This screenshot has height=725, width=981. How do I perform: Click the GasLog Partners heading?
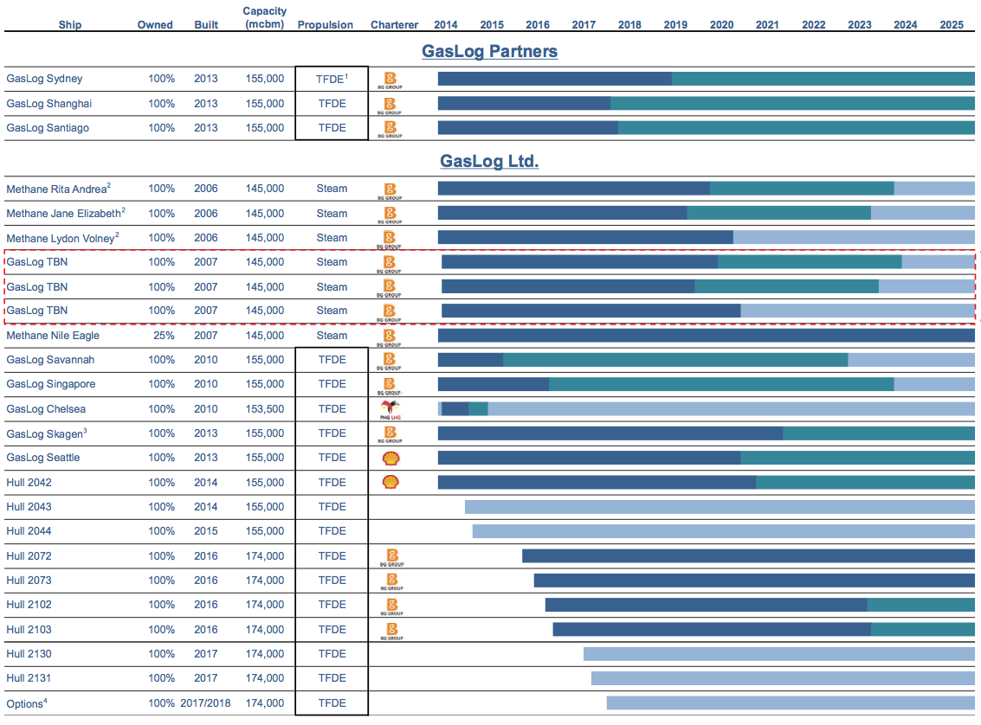(489, 51)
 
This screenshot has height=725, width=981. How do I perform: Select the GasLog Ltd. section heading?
(489, 161)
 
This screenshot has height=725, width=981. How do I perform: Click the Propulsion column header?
(325, 25)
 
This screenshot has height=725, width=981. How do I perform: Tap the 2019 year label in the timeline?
(675, 25)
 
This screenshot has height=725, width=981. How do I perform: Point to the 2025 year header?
(952, 25)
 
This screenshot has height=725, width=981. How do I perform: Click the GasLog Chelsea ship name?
(46, 409)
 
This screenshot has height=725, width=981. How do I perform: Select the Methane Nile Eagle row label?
(53, 336)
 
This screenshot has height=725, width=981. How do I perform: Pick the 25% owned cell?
(162, 336)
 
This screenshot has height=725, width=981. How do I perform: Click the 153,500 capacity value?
(264, 409)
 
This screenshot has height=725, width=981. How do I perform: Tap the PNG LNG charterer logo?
(390, 409)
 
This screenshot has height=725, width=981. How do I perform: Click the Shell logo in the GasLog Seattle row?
(390, 458)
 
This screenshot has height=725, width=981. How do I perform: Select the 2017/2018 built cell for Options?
(206, 703)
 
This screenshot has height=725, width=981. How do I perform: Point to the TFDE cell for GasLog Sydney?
(332, 79)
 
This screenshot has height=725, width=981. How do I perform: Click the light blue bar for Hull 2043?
(719, 507)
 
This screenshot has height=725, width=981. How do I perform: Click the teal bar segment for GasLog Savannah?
(675, 360)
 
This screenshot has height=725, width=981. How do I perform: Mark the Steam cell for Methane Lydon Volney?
(332, 238)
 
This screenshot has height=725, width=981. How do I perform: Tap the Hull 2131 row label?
(29, 678)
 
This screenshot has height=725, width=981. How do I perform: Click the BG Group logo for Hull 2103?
(391, 630)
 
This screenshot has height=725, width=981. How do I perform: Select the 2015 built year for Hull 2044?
(206, 531)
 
